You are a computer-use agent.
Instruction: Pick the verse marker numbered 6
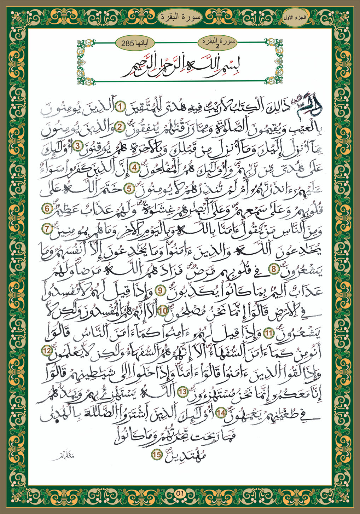(47, 208)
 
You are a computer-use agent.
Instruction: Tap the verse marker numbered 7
(47, 229)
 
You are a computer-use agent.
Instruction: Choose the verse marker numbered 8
(273, 270)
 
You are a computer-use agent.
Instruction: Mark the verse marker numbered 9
(160, 290)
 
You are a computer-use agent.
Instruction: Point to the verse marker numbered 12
(47, 351)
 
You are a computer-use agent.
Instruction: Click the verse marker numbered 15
(156, 454)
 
